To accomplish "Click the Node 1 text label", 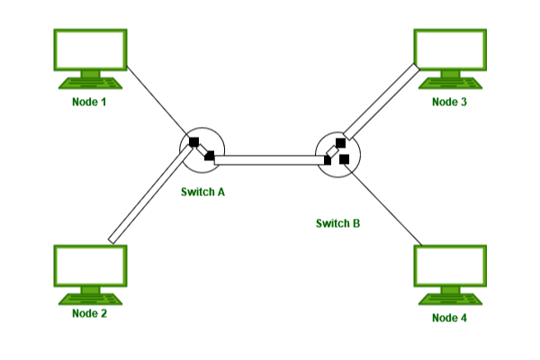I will click(89, 103).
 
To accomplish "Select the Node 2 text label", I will click(89, 313).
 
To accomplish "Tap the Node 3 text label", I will click(449, 103).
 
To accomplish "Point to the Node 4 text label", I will click(449, 318).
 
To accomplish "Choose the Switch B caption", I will click(337, 222).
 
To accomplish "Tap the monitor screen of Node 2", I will click(89, 265).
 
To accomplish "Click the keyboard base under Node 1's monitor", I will click(89, 82).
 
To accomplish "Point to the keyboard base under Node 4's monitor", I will click(449, 298).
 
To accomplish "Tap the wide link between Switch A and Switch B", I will click(270, 160).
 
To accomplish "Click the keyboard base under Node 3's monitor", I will click(449, 82).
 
